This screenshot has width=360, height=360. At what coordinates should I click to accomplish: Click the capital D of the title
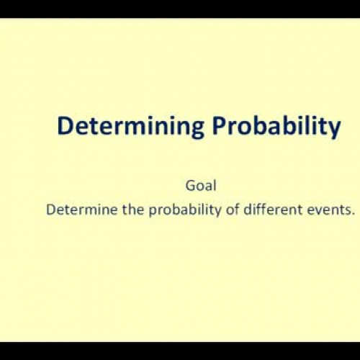tap(65, 127)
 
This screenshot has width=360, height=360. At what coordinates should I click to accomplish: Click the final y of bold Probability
tap(334, 130)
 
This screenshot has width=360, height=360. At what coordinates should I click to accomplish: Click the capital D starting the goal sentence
tap(50, 211)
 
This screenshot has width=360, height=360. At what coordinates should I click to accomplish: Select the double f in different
tap(252, 211)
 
